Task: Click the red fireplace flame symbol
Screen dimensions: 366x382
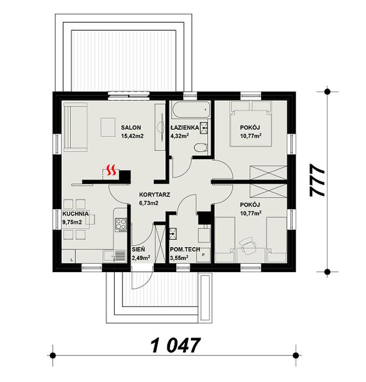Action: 112,170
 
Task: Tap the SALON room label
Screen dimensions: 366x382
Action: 131,127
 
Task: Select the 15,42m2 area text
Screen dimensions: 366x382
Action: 132,136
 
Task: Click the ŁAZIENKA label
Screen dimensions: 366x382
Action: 185,127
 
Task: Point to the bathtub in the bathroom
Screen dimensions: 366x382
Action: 190,110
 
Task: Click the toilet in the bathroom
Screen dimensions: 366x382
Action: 201,148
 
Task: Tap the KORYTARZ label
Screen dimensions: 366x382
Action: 155,195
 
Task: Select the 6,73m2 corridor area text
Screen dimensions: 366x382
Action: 149,203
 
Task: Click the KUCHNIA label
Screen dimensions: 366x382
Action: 75,214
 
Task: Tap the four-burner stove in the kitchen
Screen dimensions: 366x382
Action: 121,224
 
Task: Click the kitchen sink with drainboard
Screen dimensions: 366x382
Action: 114,256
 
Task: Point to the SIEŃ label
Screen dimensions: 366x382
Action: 138,249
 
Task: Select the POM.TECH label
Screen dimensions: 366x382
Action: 185,249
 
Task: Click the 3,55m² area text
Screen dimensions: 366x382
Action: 179,258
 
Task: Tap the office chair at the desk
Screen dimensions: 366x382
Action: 248,245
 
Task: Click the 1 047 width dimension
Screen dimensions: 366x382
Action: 175,345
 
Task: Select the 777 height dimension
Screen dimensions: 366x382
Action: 317,180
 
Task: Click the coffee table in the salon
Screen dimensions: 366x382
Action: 108,127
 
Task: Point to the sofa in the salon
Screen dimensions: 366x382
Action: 75,127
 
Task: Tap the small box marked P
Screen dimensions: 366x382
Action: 203,255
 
